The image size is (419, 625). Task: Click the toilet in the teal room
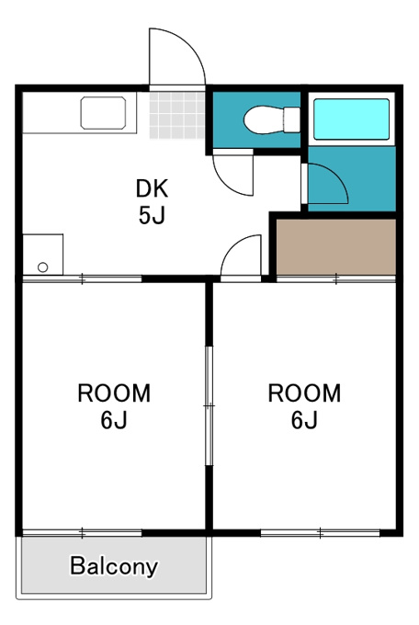coord(271,119)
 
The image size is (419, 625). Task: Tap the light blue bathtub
coord(351,119)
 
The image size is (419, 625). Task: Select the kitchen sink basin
coord(103,113)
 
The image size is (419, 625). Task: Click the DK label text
coord(152,188)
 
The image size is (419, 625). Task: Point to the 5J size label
coord(152,216)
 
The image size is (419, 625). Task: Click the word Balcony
coord(114,566)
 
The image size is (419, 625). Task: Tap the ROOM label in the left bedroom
coord(114,393)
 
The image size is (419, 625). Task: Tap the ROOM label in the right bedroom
coord(304,393)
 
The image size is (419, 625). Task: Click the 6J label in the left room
coord(114,420)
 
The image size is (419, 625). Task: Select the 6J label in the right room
coord(304,420)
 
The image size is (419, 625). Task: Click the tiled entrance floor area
coord(177,115)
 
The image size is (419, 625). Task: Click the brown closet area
coord(336,246)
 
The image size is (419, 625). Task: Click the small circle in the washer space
coord(42,267)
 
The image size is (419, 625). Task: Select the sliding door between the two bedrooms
coord(209,405)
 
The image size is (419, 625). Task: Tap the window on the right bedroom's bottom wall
coord(320,532)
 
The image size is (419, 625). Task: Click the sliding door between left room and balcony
coord(82,532)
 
